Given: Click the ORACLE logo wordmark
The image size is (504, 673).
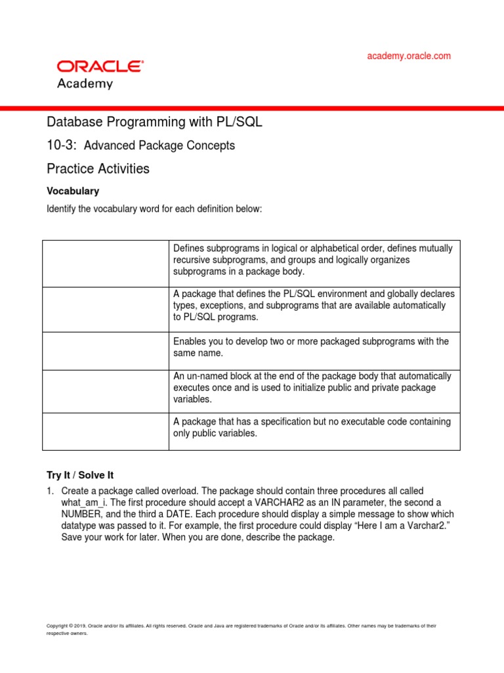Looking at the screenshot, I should click(x=100, y=66).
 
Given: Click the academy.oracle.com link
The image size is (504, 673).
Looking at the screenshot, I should click(x=408, y=56).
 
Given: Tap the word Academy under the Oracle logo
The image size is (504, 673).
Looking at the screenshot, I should click(x=85, y=83).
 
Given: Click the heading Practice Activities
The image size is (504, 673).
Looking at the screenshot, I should click(x=98, y=169).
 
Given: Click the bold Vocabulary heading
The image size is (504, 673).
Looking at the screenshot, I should click(x=73, y=191).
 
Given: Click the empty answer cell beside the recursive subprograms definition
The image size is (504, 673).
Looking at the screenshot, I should click(x=106, y=264).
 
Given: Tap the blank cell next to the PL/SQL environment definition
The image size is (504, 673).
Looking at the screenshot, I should click(x=106, y=309).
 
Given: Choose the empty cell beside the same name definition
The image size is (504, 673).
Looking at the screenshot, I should click(x=106, y=350).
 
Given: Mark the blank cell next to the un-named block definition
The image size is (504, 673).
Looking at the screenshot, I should click(x=106, y=391).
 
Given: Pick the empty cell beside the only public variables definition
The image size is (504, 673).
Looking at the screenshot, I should click(x=106, y=431).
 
